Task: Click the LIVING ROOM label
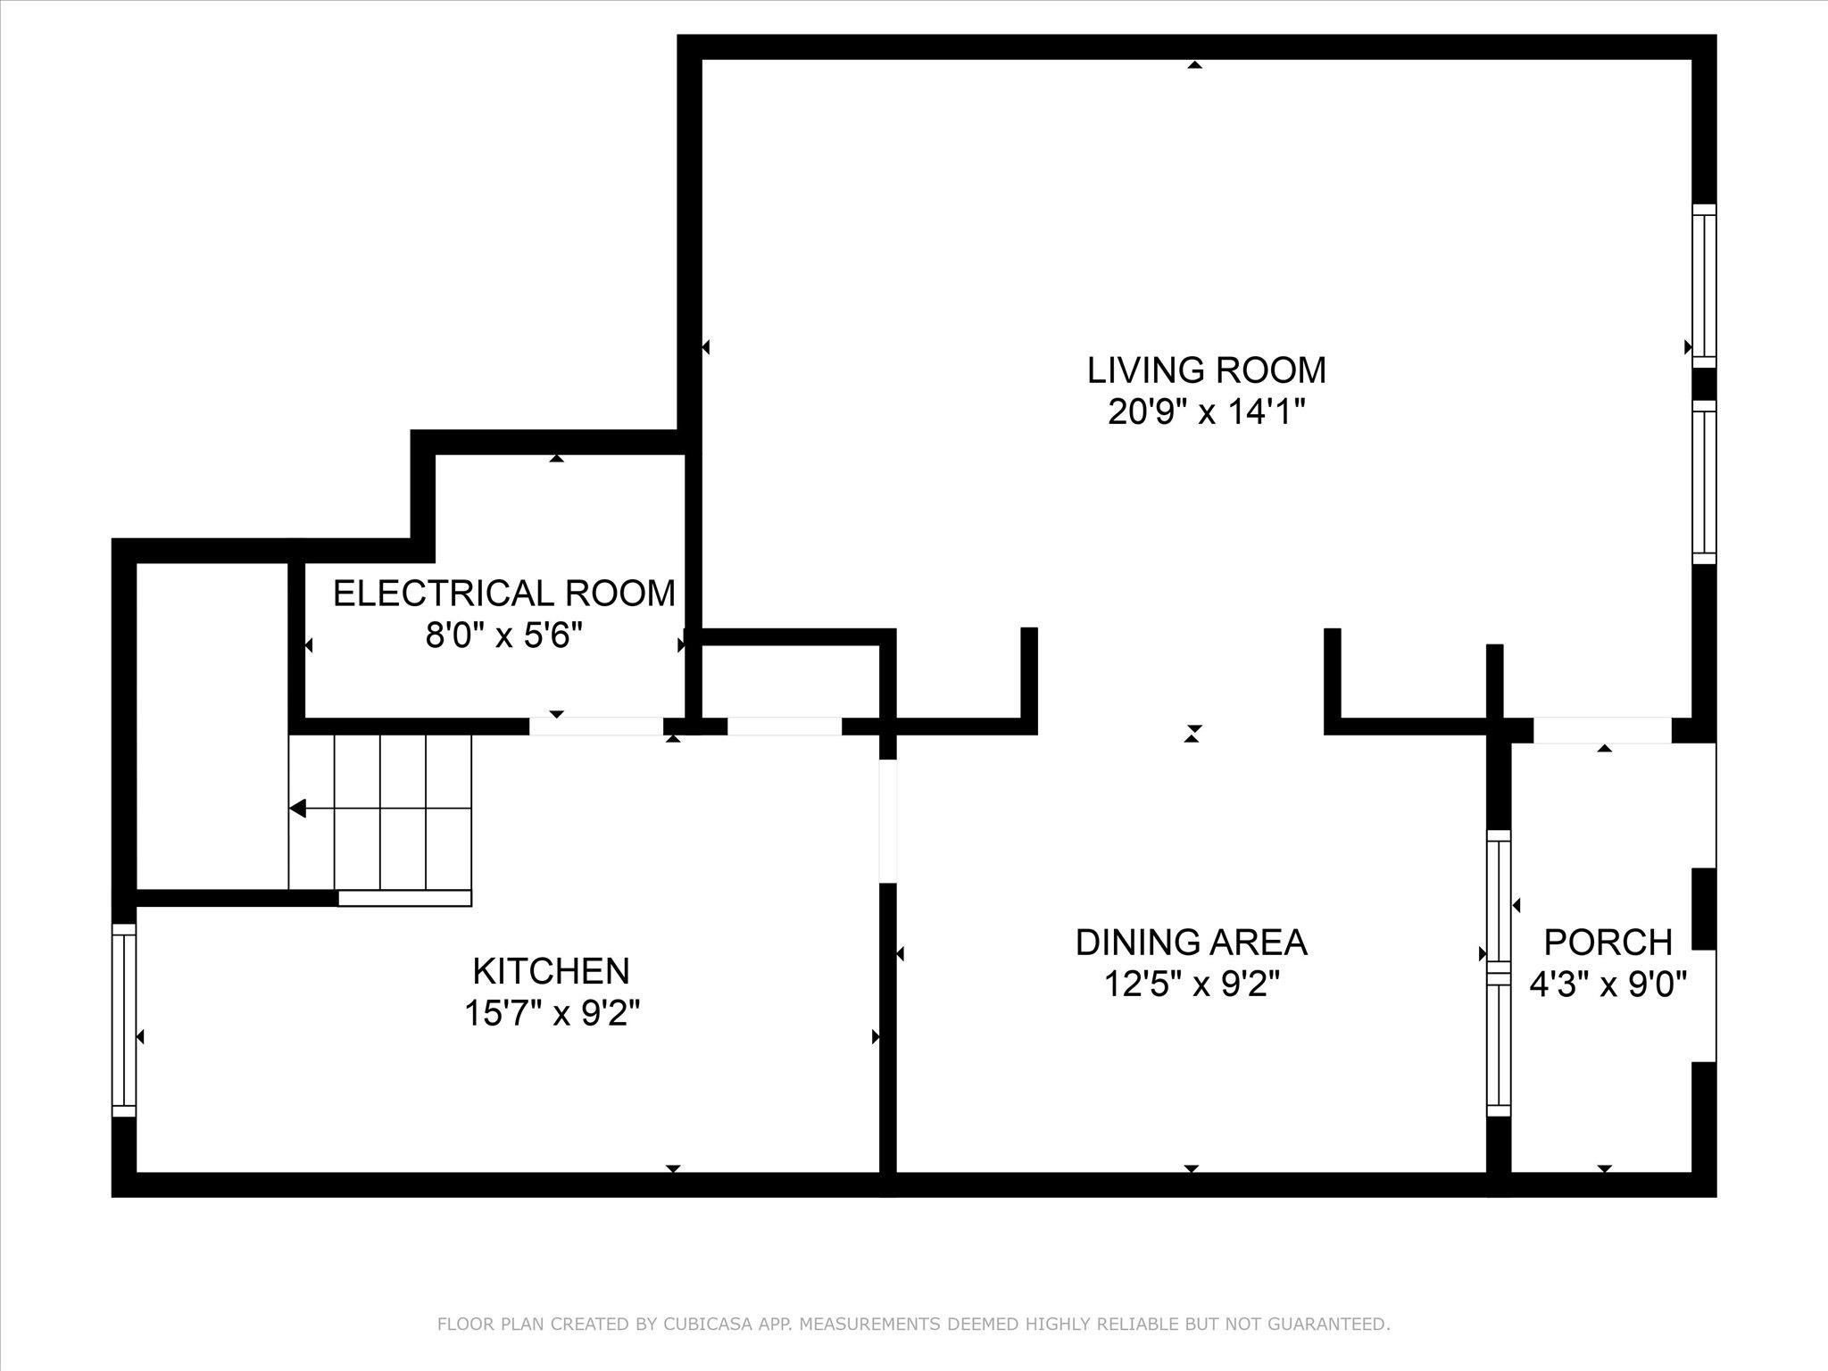click(x=1206, y=370)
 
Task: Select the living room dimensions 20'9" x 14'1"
click(x=1206, y=412)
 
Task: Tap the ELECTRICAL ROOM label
click(x=504, y=594)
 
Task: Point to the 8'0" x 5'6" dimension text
click(x=504, y=636)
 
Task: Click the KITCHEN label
click(x=551, y=970)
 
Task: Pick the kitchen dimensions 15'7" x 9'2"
click(x=552, y=1013)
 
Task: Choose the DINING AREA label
click(x=1191, y=942)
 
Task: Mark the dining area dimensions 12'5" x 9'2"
click(x=1192, y=985)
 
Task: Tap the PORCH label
click(x=1608, y=942)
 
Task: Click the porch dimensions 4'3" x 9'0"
click(x=1608, y=985)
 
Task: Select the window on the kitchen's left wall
click(x=124, y=1019)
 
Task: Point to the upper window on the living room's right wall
click(x=1704, y=286)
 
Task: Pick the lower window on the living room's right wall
click(x=1704, y=481)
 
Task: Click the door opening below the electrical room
click(x=596, y=726)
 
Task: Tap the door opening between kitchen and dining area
click(x=887, y=820)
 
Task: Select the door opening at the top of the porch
click(x=1601, y=730)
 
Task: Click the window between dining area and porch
click(x=1498, y=973)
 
